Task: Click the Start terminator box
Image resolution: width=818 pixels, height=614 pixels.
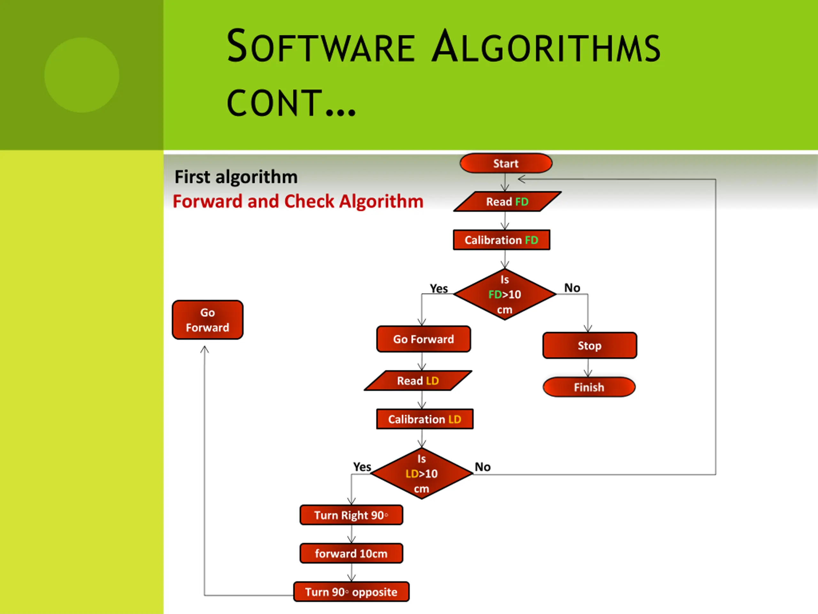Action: (x=505, y=163)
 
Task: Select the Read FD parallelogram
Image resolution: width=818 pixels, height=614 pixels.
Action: (x=507, y=202)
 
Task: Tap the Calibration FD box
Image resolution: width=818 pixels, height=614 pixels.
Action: (x=501, y=240)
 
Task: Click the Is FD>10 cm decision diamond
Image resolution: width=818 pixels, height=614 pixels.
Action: (x=505, y=295)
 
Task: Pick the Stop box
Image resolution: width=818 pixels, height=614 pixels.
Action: (x=590, y=345)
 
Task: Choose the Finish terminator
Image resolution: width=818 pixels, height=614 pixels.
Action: (x=589, y=387)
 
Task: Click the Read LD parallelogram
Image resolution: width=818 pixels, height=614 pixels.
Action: (x=418, y=381)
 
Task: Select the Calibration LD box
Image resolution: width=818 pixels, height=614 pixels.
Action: (x=425, y=419)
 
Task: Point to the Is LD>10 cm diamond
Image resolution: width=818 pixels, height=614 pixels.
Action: (x=421, y=473)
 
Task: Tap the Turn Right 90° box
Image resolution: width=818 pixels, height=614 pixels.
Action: (x=351, y=515)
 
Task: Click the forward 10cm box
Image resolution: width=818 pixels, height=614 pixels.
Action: (x=351, y=553)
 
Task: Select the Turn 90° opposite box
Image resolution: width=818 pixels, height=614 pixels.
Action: (x=351, y=592)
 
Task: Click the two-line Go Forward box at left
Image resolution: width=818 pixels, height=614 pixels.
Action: (x=207, y=320)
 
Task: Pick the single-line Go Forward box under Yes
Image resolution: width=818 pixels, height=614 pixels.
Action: (x=423, y=339)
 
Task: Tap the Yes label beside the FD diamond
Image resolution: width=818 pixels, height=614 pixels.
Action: (x=439, y=288)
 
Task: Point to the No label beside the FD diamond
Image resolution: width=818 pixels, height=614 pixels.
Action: (x=572, y=287)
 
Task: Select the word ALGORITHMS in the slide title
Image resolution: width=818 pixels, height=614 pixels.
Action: (x=546, y=47)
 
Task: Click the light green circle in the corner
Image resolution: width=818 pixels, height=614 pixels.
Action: (x=82, y=75)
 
